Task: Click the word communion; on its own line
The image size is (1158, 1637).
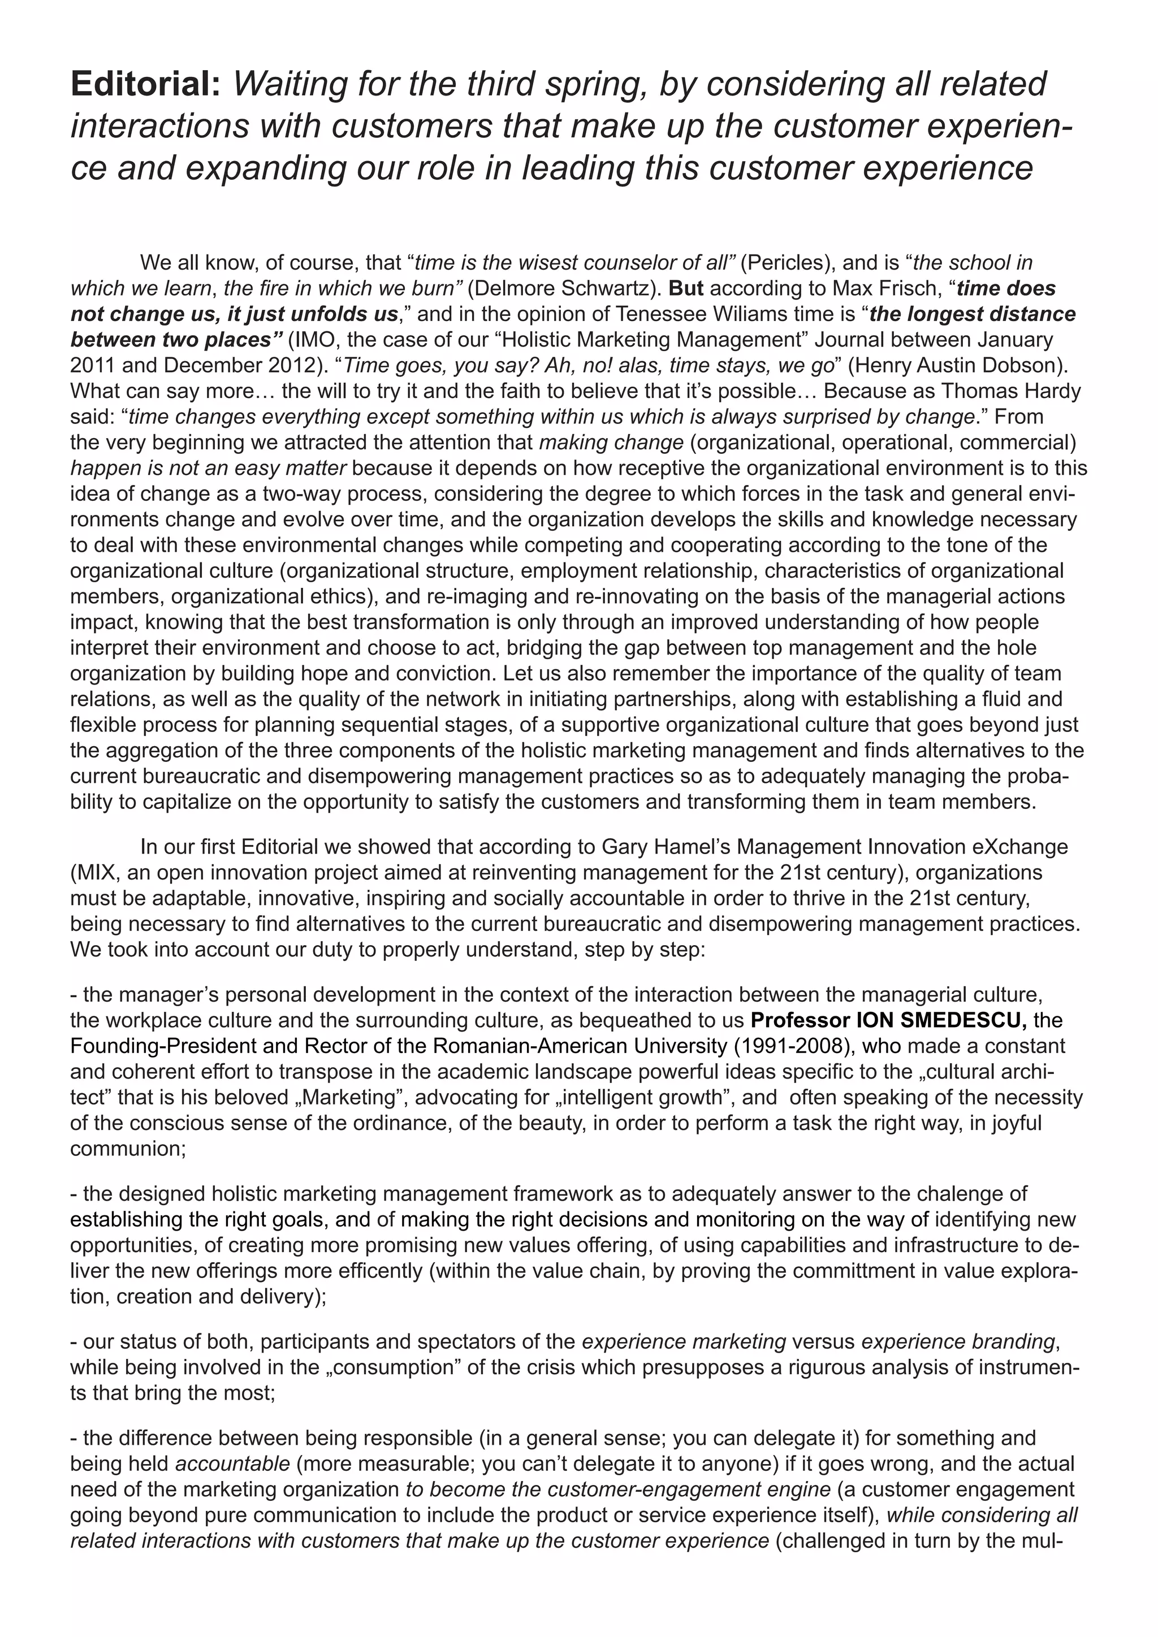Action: click(x=128, y=1149)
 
